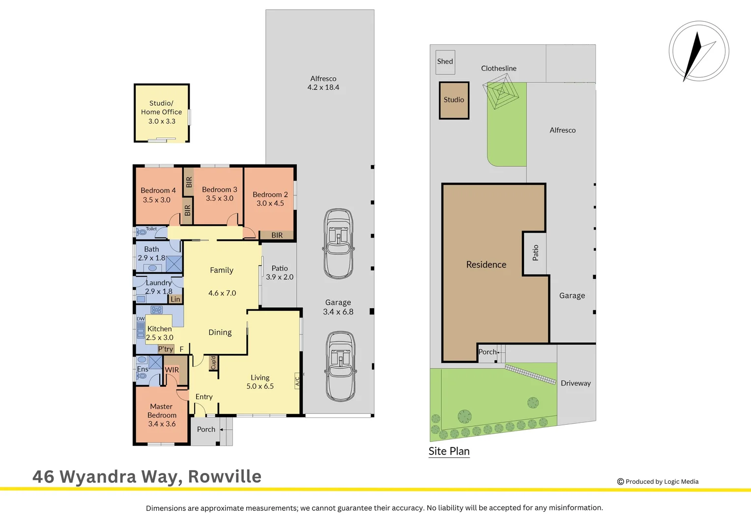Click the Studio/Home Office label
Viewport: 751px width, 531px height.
(161, 107)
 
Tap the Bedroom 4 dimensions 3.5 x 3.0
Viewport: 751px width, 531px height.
(157, 200)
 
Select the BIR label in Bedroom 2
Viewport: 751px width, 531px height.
(277, 235)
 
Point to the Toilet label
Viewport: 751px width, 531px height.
(151, 229)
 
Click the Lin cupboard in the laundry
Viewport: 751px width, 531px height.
(175, 299)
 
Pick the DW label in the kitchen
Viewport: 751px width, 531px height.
(141, 319)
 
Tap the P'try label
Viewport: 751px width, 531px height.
(166, 349)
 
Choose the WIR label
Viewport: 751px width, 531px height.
(172, 370)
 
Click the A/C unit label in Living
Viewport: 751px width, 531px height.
(297, 381)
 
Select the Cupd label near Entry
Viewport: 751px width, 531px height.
(213, 363)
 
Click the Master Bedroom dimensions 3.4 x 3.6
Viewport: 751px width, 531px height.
(162, 424)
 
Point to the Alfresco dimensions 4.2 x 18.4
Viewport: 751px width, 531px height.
(323, 87)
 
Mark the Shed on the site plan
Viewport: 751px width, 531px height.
(445, 62)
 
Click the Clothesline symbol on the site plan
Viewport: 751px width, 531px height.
(501, 91)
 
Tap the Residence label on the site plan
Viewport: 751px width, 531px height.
(486, 265)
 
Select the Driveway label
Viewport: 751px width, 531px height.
(576, 383)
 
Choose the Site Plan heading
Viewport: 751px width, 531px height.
(449, 451)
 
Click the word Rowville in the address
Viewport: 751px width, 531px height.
(225, 476)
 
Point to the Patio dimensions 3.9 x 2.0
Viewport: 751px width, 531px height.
(280, 277)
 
